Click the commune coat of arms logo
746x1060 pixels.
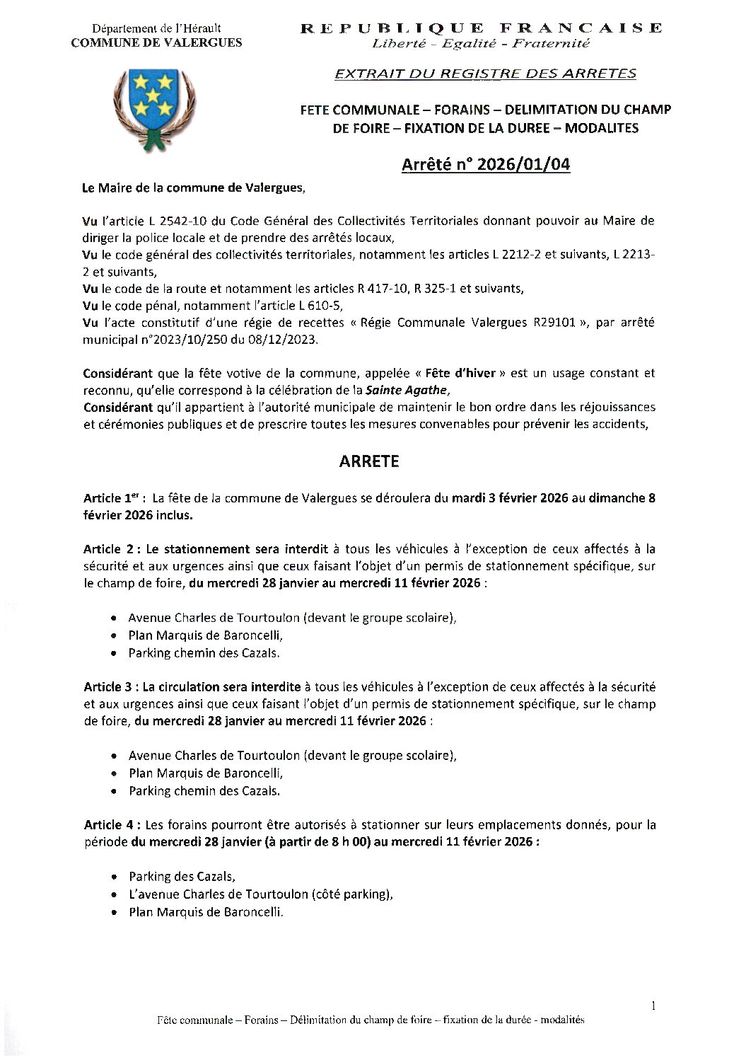(155, 108)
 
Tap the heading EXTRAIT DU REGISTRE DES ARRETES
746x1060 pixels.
(485, 73)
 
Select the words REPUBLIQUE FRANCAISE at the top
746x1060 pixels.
(482, 28)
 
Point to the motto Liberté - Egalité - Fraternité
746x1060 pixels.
(481, 43)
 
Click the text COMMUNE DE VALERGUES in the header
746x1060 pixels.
(156, 42)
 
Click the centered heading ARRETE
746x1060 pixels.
(369, 461)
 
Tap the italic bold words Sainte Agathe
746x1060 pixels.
(407, 390)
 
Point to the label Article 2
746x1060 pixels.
(112, 549)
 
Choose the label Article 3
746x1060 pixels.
(112, 687)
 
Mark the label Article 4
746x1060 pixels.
(112, 825)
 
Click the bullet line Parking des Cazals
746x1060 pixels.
(182, 877)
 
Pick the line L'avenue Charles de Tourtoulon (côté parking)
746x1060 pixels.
(260, 894)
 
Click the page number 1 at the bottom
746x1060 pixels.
(653, 1006)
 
